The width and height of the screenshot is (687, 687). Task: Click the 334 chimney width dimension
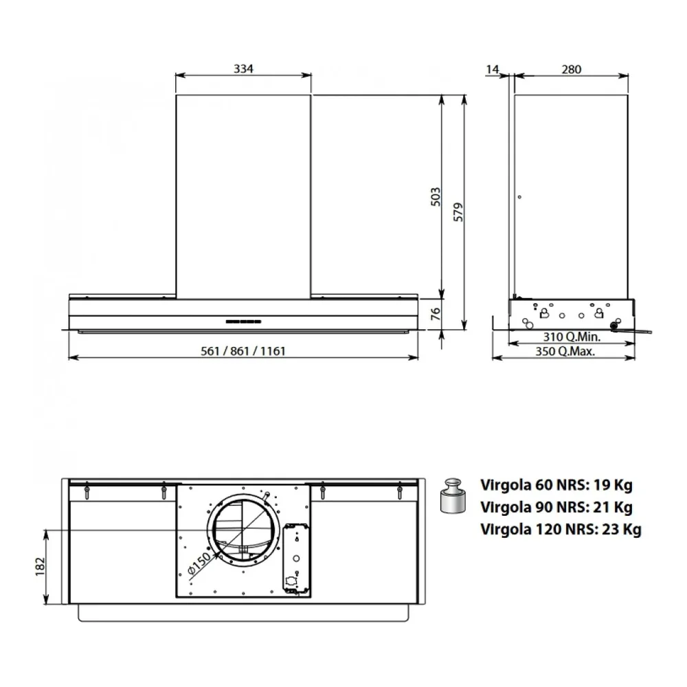(243, 69)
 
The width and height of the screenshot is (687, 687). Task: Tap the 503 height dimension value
(436, 197)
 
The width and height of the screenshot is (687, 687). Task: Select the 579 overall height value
(458, 212)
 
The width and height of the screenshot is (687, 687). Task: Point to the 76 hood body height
(436, 314)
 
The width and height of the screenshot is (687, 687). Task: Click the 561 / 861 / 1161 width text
(243, 351)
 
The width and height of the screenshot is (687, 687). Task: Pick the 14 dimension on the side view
(493, 69)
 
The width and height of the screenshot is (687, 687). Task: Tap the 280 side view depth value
(572, 69)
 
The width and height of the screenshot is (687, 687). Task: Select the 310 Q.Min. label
(572, 337)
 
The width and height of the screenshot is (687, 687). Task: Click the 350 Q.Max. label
(565, 351)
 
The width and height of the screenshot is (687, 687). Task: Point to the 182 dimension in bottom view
(41, 567)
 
